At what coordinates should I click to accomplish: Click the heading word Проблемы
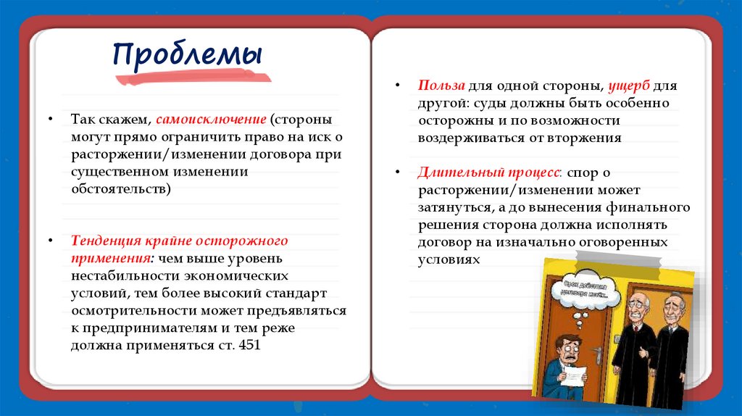[187, 55]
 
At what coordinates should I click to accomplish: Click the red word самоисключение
[210, 119]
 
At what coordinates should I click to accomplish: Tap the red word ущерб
[628, 86]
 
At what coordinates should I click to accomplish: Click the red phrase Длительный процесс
[488, 173]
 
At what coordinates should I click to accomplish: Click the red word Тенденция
[104, 241]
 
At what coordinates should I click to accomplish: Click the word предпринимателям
[137, 328]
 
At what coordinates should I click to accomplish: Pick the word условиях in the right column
[449, 259]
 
